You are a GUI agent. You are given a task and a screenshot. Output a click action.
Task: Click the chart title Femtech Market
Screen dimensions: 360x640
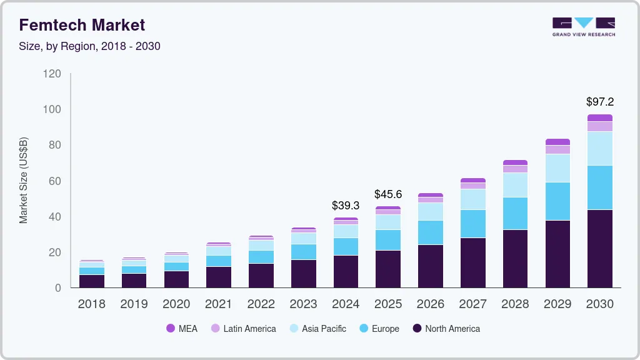click(x=82, y=25)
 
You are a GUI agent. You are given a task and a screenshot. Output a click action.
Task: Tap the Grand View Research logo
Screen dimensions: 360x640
click(x=583, y=26)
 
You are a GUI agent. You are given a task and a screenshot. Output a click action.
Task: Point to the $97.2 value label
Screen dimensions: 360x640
click(x=599, y=101)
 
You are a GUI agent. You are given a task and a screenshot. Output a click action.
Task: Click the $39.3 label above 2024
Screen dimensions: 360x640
click(x=346, y=205)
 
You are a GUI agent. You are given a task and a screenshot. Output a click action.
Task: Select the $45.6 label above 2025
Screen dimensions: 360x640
click(x=387, y=194)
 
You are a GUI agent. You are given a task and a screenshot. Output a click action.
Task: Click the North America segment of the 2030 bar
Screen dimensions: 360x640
click(x=599, y=249)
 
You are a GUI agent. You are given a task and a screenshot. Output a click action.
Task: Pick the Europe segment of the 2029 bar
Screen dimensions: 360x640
click(x=557, y=201)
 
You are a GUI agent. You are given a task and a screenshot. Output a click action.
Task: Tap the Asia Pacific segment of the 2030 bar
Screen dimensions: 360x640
click(x=599, y=149)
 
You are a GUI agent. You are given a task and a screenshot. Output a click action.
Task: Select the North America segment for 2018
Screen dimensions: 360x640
click(x=92, y=281)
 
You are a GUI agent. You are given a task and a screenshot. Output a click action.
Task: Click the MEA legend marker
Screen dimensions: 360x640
click(x=170, y=328)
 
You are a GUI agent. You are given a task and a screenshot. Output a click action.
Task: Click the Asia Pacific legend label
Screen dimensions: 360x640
click(x=324, y=328)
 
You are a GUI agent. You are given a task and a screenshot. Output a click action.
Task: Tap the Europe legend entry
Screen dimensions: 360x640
click(x=385, y=328)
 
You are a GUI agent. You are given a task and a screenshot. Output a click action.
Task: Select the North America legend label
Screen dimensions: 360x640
click(x=452, y=328)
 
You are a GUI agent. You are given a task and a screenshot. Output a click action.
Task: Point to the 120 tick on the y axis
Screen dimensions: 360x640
click(x=52, y=74)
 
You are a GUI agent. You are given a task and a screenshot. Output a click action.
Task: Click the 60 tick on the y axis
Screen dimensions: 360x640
click(x=55, y=181)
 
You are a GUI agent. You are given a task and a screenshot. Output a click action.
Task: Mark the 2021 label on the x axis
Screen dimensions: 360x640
click(x=219, y=304)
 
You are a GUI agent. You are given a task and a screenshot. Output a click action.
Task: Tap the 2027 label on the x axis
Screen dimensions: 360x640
click(x=472, y=304)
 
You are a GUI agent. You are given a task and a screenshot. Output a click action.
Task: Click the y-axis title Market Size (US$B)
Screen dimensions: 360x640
click(x=24, y=180)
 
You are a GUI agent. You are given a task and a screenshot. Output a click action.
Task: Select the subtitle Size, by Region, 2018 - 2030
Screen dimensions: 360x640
click(x=89, y=46)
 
